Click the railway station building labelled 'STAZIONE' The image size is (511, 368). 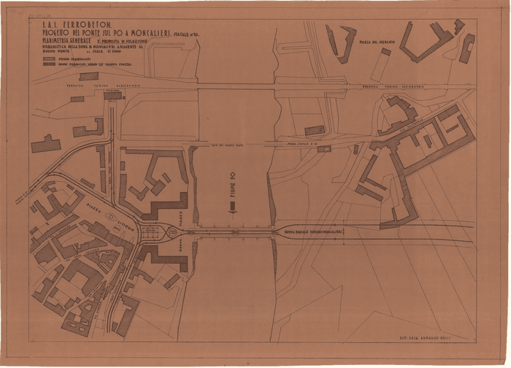(x=112, y=96)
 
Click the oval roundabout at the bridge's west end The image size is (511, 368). (x=172, y=233)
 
